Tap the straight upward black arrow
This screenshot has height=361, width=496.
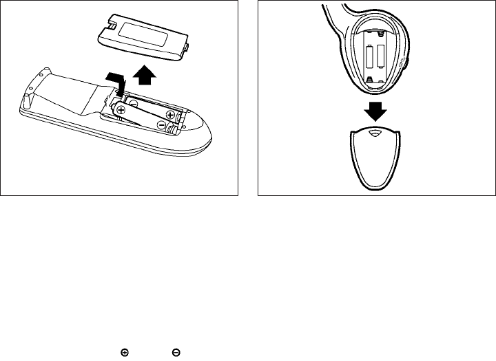coord(143,75)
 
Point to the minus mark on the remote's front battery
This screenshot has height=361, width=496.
coord(161,125)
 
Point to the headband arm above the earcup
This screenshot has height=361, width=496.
coord(334,17)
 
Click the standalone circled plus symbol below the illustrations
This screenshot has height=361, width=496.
coord(124,353)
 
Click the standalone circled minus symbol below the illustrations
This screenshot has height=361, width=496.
coord(176,353)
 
